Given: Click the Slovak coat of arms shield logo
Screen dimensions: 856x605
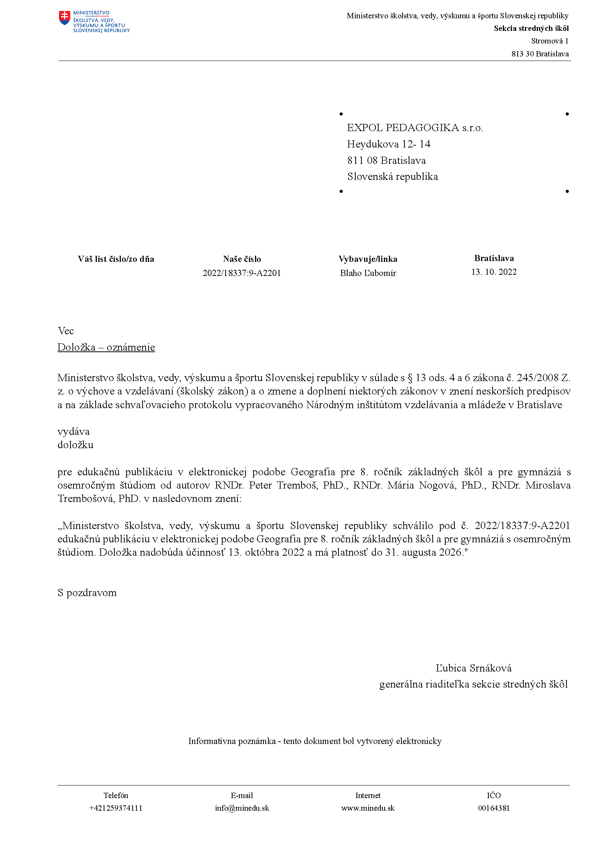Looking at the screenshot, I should coord(65,18).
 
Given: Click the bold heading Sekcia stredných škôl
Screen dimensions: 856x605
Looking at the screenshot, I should coord(531,28).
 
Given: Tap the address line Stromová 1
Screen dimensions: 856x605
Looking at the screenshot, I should coord(549,41).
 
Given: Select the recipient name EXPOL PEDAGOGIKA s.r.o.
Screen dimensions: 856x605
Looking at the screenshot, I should coord(415,128).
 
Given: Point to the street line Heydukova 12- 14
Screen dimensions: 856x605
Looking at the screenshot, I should coord(388,144).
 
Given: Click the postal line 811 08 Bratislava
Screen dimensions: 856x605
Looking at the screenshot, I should coord(386,160).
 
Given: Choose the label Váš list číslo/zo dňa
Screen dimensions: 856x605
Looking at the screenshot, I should coord(116,259).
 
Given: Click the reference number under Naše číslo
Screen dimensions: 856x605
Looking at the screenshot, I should coord(242,273).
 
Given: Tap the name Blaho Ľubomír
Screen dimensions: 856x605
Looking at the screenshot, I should coord(368,273).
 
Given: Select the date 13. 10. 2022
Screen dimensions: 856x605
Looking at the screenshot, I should coord(494,272).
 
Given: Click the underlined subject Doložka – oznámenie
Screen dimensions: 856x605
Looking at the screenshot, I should coord(106,347).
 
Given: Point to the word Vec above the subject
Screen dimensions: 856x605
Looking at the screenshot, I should coord(66,331).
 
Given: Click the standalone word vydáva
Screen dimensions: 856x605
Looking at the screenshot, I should coord(74,431).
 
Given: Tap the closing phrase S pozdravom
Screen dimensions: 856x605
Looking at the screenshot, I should coord(87,593).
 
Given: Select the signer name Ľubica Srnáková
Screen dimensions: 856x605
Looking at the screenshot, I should coord(473,668).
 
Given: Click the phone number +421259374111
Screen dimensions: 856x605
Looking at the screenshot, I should coord(116,808).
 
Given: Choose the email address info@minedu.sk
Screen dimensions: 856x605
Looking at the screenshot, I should coord(242,808).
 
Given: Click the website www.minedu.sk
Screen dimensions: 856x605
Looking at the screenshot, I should coord(368,808).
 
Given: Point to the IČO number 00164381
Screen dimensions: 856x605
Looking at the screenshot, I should coord(494,808).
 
